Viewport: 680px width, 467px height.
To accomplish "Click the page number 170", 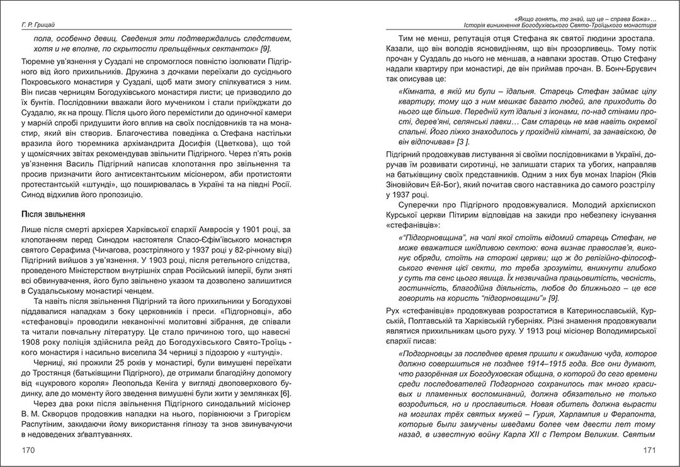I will tap(28, 449).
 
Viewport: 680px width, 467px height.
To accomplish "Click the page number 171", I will tap(650, 449).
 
